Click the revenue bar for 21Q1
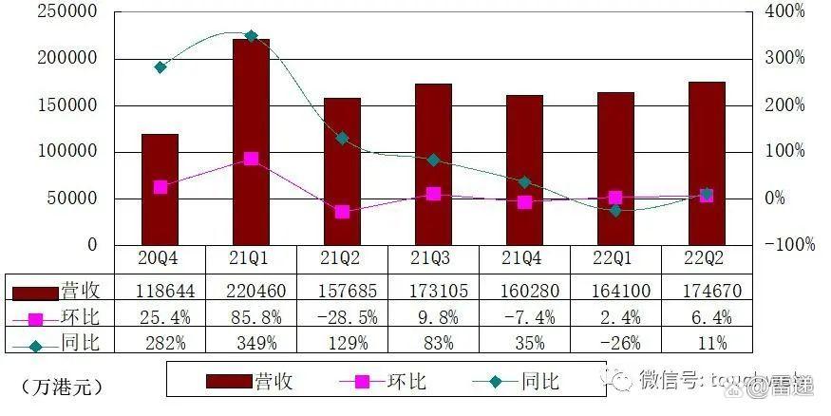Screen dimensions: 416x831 [x=251, y=142]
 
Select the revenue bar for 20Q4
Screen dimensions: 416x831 [x=160, y=190]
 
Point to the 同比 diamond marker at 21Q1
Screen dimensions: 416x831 [x=251, y=36]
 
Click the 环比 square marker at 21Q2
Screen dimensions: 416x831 [x=342, y=212]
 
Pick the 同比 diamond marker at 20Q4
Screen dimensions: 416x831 [x=160, y=67]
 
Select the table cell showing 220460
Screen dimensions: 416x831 [x=251, y=289]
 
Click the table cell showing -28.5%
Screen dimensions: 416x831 [x=342, y=315]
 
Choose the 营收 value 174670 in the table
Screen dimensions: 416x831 [x=707, y=289]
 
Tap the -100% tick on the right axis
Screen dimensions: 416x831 [x=790, y=245]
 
